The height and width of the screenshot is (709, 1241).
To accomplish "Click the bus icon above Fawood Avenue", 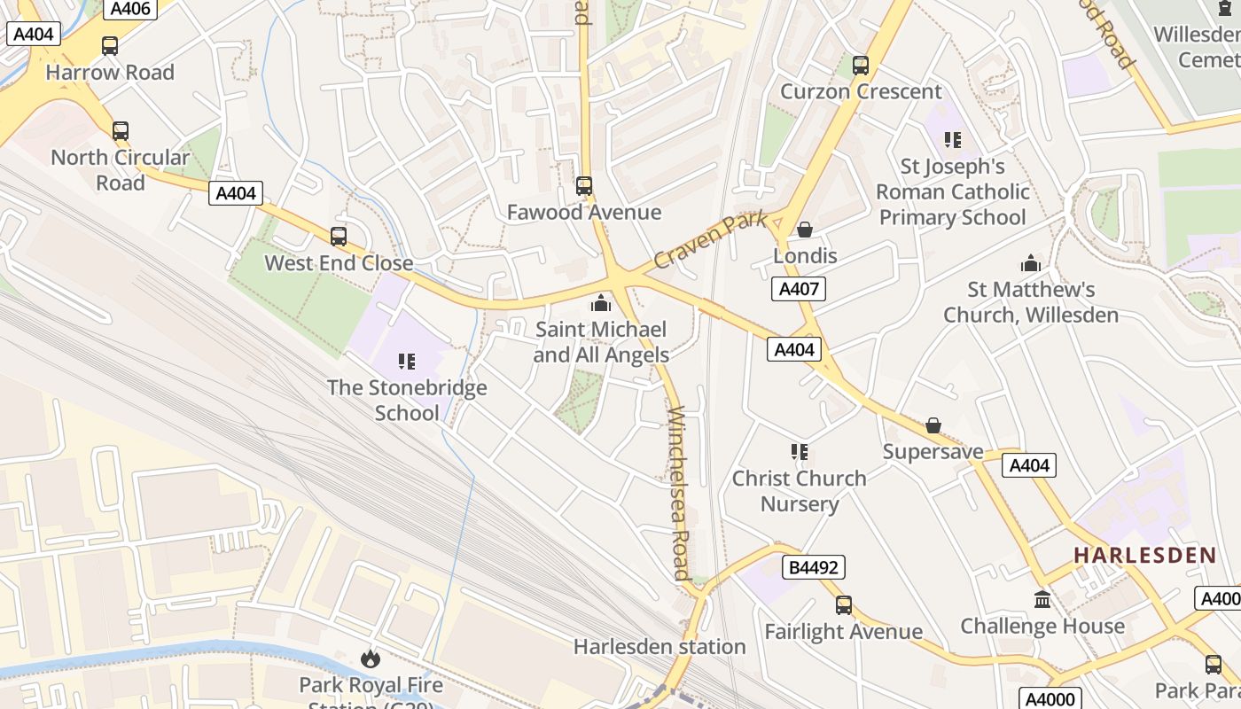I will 583,186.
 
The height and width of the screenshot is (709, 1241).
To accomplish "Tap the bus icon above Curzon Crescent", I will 860,66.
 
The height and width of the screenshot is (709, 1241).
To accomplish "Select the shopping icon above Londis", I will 805,230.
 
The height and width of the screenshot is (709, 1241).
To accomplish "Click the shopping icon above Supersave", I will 933,426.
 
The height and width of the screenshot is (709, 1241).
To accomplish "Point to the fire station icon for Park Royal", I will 370,658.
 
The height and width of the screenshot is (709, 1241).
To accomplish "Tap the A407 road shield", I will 798,288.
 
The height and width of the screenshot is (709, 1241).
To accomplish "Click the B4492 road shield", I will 813,567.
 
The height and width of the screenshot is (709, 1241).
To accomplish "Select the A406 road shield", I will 130,9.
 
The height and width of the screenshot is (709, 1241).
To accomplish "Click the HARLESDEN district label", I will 1144,556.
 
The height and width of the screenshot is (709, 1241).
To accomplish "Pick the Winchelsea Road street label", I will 679,493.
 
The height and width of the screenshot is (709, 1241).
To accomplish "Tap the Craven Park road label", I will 709,240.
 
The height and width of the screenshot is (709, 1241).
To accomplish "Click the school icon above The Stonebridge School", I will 407,361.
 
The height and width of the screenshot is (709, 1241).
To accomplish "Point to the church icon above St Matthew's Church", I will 1030,263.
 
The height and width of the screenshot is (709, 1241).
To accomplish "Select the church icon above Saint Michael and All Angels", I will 601,304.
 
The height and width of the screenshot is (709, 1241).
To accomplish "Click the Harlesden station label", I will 660,647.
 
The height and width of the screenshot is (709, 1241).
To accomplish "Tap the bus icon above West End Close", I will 338,237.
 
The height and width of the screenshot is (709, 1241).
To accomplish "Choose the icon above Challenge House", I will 1042,599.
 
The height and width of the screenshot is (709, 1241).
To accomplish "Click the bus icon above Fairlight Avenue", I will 843,605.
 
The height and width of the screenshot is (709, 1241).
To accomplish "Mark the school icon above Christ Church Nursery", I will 800,452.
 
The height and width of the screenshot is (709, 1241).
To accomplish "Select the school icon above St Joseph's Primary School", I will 953,139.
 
